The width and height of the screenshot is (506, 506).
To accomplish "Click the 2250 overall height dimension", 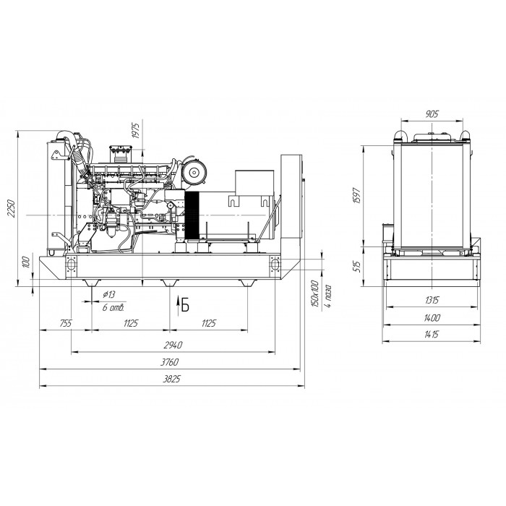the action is (x=12, y=208).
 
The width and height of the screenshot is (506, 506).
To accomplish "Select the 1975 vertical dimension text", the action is (x=136, y=130).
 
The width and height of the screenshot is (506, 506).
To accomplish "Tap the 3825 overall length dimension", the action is (x=171, y=379).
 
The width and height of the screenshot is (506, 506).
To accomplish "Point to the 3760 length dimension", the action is (x=170, y=362).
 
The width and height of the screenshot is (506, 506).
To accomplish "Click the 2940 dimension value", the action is (x=173, y=346).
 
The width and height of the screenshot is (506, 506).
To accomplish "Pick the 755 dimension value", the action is (x=66, y=323).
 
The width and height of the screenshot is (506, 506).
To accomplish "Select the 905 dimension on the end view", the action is (x=432, y=114).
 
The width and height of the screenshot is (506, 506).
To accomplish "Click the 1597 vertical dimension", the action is (x=357, y=195).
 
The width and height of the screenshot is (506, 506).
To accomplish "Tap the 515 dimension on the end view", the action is (x=357, y=267).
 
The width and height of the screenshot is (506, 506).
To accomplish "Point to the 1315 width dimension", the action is (x=432, y=301).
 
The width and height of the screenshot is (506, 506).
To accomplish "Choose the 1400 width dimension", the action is (x=432, y=318).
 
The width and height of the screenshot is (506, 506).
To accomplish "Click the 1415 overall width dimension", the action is (x=432, y=334).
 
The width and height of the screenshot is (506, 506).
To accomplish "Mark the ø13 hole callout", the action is (x=108, y=294).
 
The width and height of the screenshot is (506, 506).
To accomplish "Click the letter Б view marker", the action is (x=185, y=304).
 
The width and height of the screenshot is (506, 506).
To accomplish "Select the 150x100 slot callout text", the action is (x=314, y=294).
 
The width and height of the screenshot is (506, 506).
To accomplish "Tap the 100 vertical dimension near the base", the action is (x=27, y=262).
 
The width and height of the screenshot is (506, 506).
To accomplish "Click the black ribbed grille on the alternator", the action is (x=192, y=215).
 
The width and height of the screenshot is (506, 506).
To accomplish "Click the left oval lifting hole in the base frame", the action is (x=71, y=265).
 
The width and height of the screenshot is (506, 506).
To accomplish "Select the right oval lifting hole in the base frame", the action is (x=275, y=265).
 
